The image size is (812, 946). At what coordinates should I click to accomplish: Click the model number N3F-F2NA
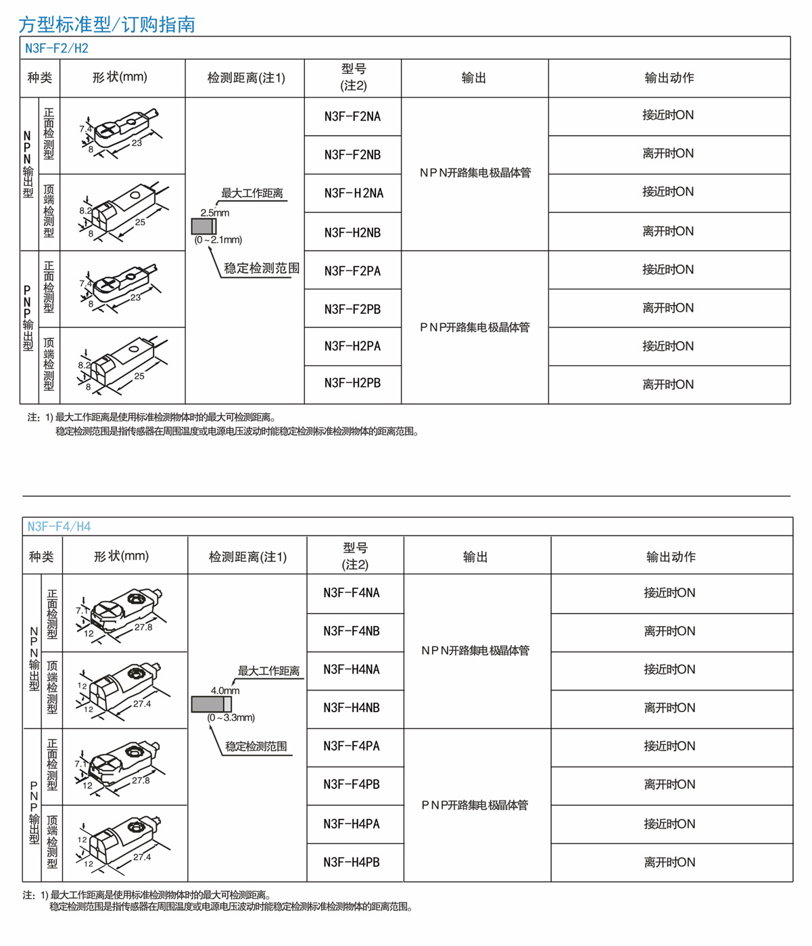(x=352, y=116)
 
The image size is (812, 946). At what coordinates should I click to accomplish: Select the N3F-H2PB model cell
(x=352, y=383)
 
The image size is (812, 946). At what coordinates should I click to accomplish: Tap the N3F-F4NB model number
(x=352, y=632)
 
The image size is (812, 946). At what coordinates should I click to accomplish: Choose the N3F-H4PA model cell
(x=352, y=824)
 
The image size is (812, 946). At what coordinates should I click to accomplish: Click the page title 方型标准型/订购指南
(x=107, y=25)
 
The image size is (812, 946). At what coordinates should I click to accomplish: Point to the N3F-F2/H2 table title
(x=57, y=48)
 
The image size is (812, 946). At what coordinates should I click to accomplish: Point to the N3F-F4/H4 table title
(x=59, y=526)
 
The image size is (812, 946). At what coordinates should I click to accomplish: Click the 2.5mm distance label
(x=214, y=212)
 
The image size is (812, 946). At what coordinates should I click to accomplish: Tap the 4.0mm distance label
(x=224, y=690)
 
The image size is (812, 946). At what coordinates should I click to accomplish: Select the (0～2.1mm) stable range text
(x=218, y=239)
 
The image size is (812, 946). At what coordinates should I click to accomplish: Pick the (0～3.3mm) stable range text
(x=231, y=717)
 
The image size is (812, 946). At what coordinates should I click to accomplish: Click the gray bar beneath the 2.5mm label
(x=204, y=226)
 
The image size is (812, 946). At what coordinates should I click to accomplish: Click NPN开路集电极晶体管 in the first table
(x=475, y=173)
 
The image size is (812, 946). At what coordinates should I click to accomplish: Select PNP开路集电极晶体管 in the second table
(x=475, y=805)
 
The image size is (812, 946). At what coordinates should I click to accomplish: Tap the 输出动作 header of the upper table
(x=669, y=78)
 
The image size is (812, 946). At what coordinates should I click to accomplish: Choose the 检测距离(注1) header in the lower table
(x=247, y=557)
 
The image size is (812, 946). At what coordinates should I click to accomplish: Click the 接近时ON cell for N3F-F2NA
(x=668, y=115)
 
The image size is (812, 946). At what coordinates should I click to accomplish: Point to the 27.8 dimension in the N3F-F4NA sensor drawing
(x=143, y=627)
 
